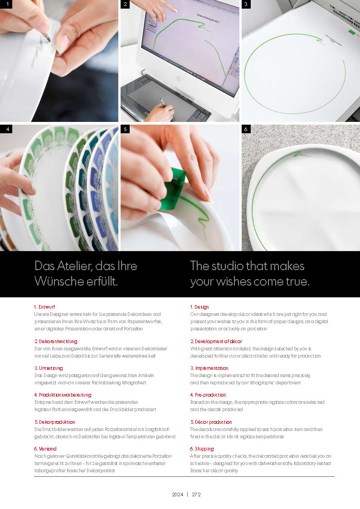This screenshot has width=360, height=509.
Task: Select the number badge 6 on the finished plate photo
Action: tap(246, 129)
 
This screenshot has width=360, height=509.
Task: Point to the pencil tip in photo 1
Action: tap(49, 40)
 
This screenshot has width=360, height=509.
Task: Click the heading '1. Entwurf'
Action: tap(44, 307)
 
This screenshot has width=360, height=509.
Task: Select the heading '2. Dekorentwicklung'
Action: tap(56, 341)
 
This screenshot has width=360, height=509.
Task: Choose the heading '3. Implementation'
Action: tap(209, 368)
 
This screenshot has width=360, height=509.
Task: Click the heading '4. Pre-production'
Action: tap(208, 395)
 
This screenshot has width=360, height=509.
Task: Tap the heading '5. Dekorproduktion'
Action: tap(55, 422)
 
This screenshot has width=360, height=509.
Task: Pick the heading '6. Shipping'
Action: tap(202, 449)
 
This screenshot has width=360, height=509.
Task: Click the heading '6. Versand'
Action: tap(45, 449)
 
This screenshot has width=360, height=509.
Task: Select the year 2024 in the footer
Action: tap(178, 494)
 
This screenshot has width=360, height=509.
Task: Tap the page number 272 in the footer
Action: tap(196, 494)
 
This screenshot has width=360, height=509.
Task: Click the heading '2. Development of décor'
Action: tap(216, 341)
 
